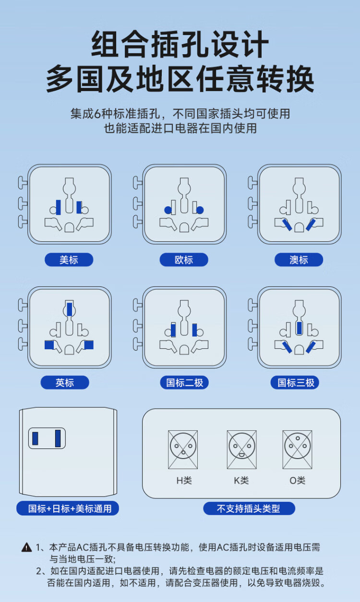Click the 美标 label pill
pos(69,260)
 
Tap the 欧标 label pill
pos(184,260)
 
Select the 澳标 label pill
pos(299,260)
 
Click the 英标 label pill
pos(65,382)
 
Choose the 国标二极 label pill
pos(184,382)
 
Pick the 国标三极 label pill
pos(296,382)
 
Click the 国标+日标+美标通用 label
pos(67,508)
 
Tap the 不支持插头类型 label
pos(249,508)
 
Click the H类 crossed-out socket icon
pos(183,449)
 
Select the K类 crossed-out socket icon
pos(241,449)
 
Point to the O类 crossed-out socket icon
pos(298,449)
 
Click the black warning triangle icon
pos(26,547)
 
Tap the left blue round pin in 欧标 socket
pos(168,210)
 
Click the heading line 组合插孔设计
pos(180,44)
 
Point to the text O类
pos(298,480)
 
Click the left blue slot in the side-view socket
pos(35,438)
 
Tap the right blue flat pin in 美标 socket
pos(79,207)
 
